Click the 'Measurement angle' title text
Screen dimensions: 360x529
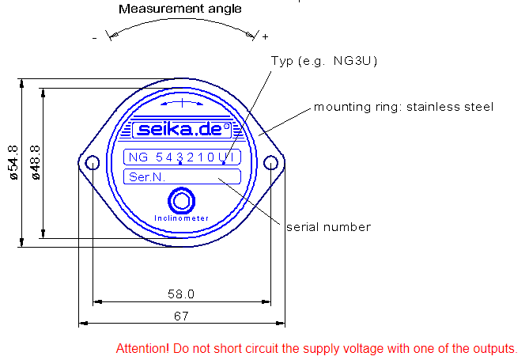(179, 9)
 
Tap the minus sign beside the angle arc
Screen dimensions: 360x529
(94, 37)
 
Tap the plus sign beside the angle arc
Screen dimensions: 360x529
(265, 36)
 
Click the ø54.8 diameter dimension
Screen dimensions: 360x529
(13, 163)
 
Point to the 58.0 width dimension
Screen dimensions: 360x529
(180, 294)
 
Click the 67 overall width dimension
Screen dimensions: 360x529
(181, 315)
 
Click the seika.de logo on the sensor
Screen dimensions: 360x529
(182, 129)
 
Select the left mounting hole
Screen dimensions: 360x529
(93, 163)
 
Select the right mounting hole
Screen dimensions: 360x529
(270, 163)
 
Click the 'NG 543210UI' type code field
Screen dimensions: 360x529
(182, 157)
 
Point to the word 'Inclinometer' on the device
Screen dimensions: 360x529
(182, 218)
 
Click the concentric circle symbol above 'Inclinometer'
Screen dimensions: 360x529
(182, 199)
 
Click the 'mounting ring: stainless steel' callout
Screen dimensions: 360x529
(403, 106)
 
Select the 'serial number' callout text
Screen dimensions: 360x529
(328, 227)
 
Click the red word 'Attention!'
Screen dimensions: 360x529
(142, 348)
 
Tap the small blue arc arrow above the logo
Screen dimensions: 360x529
(182, 103)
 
